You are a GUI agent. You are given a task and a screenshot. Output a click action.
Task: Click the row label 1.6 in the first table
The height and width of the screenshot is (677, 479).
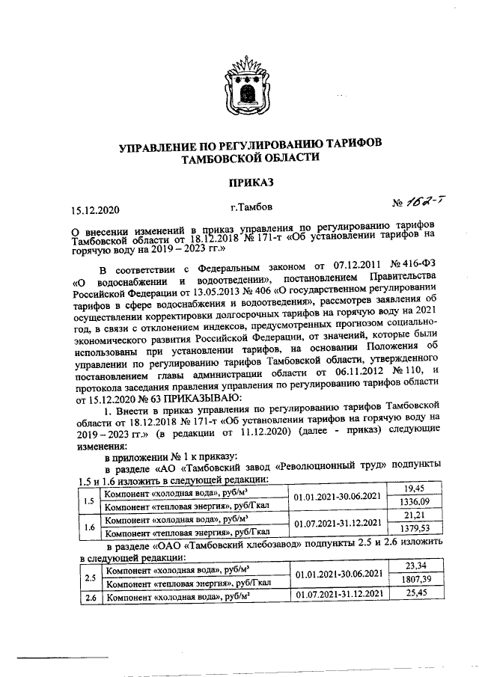point(89,525)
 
